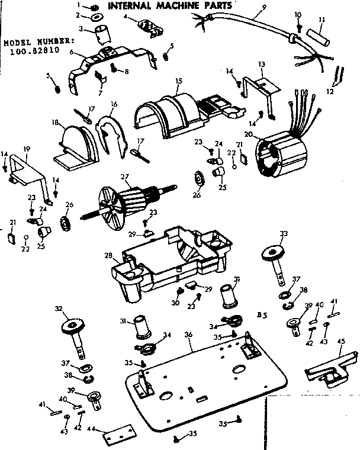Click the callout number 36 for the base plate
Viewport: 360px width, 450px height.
click(x=188, y=335)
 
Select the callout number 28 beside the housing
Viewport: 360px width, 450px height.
click(x=108, y=256)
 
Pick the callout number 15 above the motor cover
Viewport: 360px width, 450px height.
click(x=178, y=80)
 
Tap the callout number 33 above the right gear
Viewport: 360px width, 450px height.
click(x=285, y=233)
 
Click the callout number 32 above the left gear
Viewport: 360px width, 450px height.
click(x=57, y=309)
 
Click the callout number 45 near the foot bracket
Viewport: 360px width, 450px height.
click(x=341, y=340)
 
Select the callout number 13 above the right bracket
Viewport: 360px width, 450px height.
click(x=261, y=63)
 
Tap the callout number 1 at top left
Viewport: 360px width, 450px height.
click(x=78, y=5)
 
